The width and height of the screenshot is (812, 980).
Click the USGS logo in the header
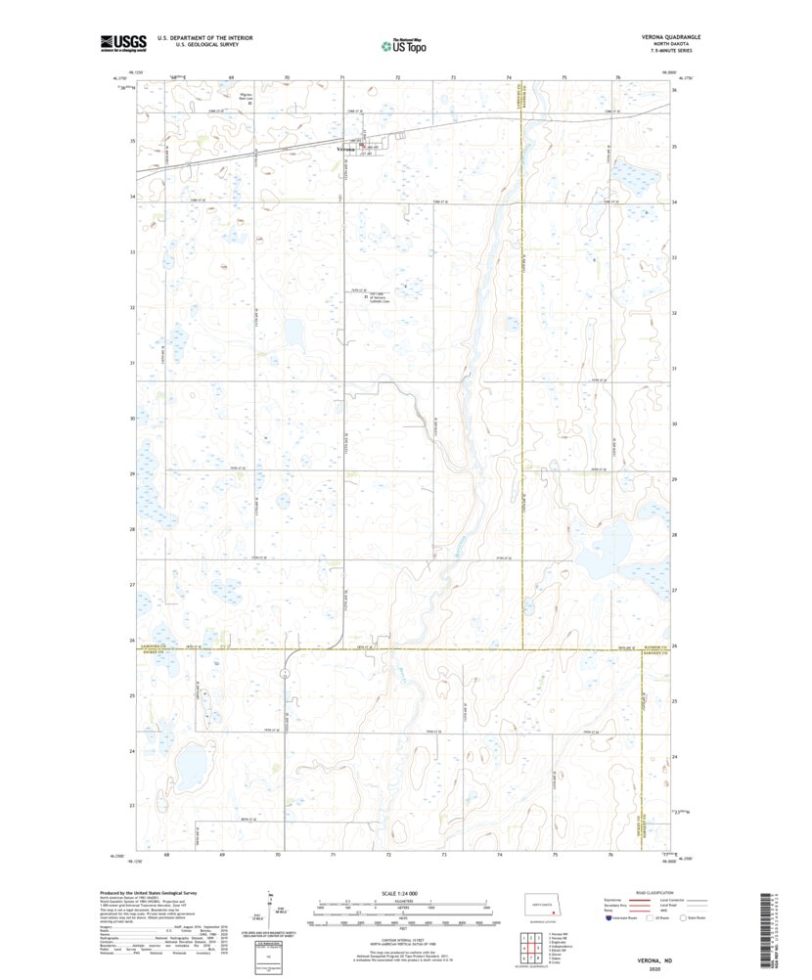123,42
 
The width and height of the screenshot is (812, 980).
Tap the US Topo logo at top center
403,44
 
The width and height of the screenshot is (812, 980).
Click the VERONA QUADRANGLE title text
670,37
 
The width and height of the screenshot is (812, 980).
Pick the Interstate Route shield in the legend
609,918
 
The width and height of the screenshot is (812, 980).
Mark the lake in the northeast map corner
629,177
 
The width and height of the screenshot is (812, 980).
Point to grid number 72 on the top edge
398,76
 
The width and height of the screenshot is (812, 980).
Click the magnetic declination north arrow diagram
271,910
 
